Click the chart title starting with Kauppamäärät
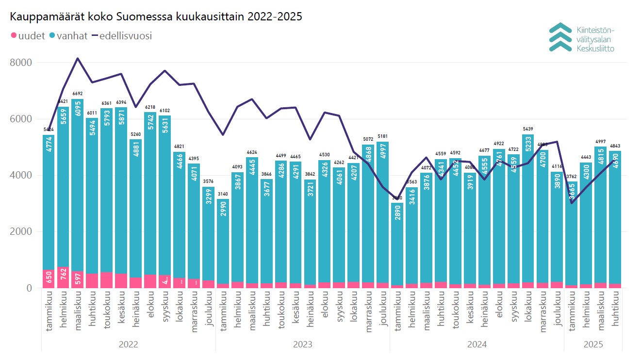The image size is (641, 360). click(156, 16)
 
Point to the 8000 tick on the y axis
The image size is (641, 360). click(20, 63)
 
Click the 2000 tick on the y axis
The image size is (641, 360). click(20, 232)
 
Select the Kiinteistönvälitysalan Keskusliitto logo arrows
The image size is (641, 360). click(560, 37)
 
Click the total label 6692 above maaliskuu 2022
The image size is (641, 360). click(78, 94)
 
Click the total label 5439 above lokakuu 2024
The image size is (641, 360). click(528, 129)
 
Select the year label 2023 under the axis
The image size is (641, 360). click(302, 344)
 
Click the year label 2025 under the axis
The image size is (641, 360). click(593, 344)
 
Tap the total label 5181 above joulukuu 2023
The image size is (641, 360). click(383, 136)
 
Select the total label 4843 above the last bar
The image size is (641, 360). click(615, 146)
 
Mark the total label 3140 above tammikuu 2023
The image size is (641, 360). click(223, 194)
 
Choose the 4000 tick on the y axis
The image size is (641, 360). click(20, 175)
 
